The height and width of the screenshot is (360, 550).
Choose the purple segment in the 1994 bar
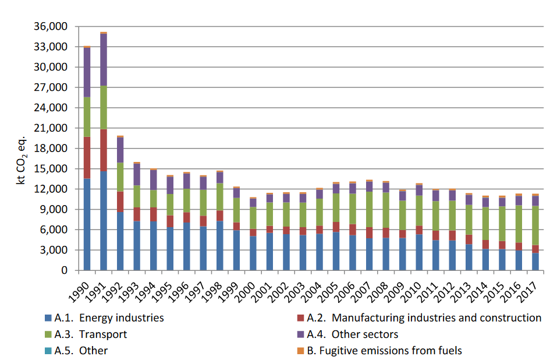click(x=154, y=180)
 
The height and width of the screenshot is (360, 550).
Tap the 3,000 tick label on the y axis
click(x=55, y=250)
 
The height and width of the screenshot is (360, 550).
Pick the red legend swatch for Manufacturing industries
click(x=300, y=318)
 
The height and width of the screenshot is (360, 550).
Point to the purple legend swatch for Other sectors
click(x=300, y=334)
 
